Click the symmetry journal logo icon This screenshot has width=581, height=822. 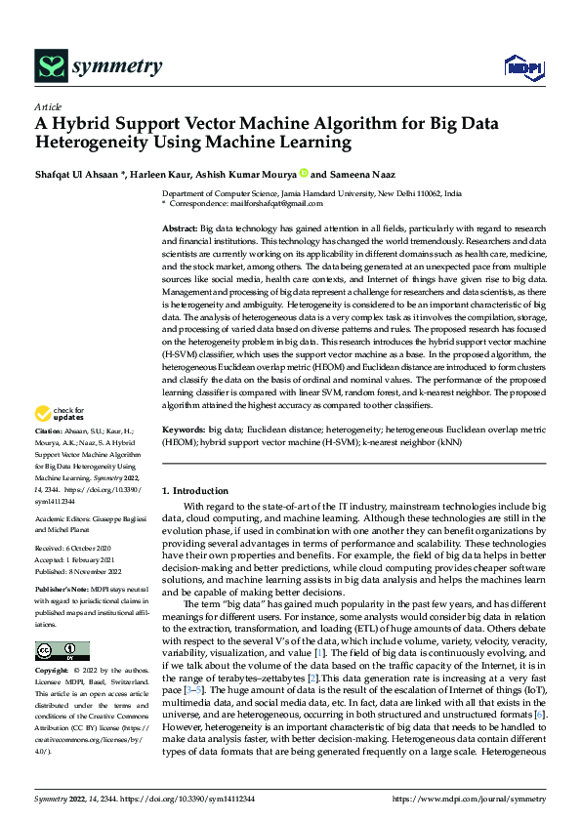pos(51,65)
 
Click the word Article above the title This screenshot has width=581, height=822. pos(48,106)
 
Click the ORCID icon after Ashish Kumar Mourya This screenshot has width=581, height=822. pos(303,174)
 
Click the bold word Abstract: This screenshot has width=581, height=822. pos(179,226)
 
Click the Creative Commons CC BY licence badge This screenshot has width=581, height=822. pos(62,651)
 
